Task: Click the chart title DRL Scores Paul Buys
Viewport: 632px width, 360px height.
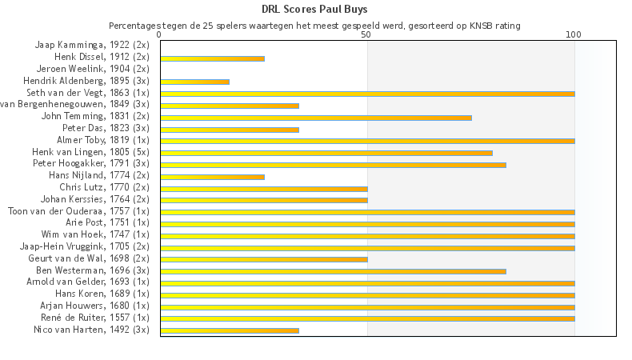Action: coord(315,10)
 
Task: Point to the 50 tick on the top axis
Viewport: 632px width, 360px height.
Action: coord(366,35)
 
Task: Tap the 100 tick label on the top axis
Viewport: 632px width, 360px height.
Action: coord(574,35)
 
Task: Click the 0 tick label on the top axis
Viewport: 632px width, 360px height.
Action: coord(160,35)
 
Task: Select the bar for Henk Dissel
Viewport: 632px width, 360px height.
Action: coord(212,58)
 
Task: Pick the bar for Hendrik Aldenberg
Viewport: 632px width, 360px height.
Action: coord(194,82)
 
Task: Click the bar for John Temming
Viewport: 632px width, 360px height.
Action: coord(315,118)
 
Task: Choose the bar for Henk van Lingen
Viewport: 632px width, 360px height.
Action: coord(326,153)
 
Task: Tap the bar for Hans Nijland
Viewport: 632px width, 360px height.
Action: coord(212,176)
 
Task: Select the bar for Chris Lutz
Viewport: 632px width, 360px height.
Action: coord(263,188)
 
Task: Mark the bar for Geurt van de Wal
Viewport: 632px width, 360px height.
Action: coord(263,259)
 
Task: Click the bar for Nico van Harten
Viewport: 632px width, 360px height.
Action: coord(229,330)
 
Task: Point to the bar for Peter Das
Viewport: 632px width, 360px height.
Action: coord(229,130)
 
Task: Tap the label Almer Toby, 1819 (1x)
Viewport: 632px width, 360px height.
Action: coord(102,140)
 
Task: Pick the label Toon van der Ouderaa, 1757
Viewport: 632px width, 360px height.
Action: coord(78,211)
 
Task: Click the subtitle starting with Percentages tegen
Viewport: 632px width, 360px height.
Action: coord(314,26)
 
